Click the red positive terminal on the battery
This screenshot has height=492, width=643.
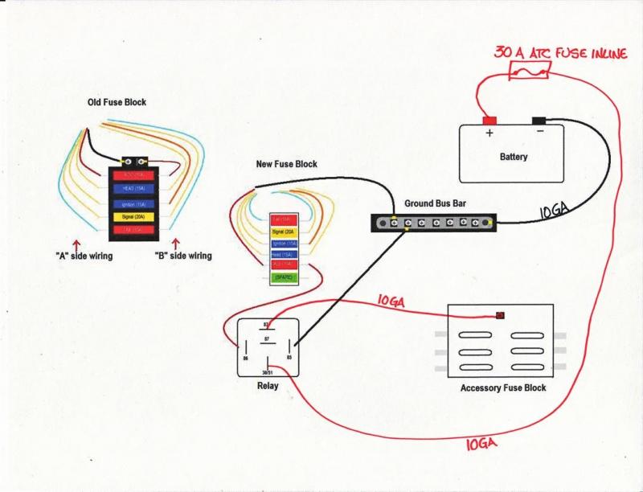489,121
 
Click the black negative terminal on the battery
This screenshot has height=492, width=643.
539,121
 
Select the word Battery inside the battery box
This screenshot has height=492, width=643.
514,158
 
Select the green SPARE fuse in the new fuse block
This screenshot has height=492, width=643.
283,277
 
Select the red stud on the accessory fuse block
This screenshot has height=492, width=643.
501,315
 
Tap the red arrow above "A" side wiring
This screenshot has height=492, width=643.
77,244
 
